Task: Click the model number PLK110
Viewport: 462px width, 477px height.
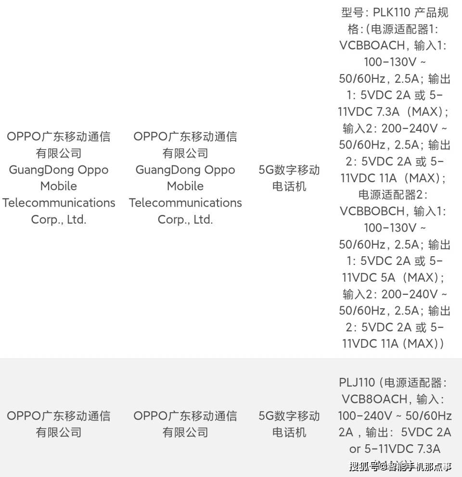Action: click(397, 13)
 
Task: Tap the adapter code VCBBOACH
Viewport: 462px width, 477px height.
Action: click(372, 46)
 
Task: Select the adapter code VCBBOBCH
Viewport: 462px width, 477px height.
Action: click(372, 211)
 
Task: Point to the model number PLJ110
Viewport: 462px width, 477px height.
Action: click(357, 383)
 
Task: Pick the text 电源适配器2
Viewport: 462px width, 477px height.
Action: click(393, 195)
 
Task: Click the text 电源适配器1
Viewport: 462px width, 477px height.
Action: click(405, 29)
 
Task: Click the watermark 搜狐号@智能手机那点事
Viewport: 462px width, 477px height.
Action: click(400, 466)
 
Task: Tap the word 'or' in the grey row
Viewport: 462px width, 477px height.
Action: click(355, 449)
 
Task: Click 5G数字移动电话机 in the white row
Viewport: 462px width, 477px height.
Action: click(289, 178)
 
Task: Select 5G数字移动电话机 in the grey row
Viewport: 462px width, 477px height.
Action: click(289, 424)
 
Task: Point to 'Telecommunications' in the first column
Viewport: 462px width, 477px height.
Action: click(59, 203)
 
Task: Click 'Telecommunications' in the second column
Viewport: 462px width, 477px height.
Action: click(185, 203)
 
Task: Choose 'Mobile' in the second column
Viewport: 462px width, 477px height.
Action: click(185, 186)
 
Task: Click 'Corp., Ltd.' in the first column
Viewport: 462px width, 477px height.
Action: click(59, 220)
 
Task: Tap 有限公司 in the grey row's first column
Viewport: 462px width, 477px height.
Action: click(59, 432)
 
